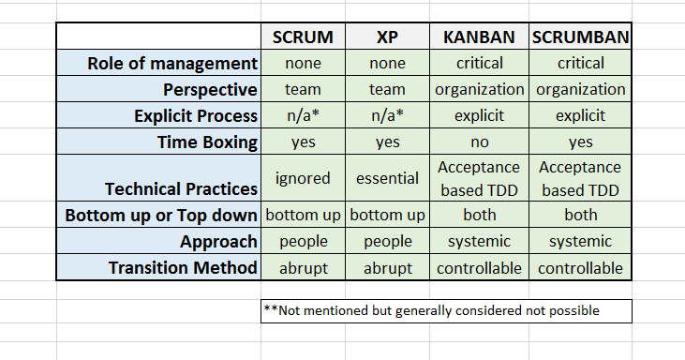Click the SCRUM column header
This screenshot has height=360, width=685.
click(x=304, y=37)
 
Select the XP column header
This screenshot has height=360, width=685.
click(x=388, y=37)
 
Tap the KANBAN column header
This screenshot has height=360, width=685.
click(x=479, y=37)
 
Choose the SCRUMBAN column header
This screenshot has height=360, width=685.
click(x=580, y=37)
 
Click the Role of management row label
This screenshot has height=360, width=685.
click(x=171, y=64)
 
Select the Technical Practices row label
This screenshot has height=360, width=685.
click(x=181, y=188)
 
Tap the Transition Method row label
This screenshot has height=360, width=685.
click(x=183, y=268)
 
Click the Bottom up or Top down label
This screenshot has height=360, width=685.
click(x=161, y=216)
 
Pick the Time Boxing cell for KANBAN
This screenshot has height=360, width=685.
click(x=479, y=142)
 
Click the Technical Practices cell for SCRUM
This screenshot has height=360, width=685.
click(x=304, y=177)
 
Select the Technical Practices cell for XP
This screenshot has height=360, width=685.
click(x=388, y=177)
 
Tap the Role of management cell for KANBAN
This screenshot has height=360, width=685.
click(x=479, y=64)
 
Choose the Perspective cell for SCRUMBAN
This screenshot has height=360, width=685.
click(x=580, y=90)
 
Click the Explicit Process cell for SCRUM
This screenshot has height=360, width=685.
click(x=304, y=116)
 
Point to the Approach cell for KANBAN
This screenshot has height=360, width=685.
click(x=479, y=241)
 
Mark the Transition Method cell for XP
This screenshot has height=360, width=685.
click(x=388, y=268)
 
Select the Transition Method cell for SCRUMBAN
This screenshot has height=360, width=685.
click(x=580, y=268)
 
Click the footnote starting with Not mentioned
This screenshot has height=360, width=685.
click(x=431, y=310)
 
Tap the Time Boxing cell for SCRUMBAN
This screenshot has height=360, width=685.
click(x=580, y=142)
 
